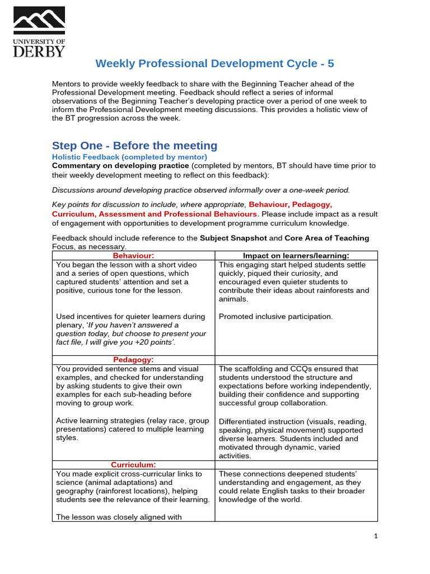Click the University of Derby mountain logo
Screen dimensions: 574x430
[x=39, y=21]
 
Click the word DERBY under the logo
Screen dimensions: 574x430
[x=39, y=51]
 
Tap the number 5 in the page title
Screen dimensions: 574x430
[x=330, y=63]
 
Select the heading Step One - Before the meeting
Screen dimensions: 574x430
[x=134, y=146]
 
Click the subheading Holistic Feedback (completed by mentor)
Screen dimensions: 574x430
[x=129, y=157]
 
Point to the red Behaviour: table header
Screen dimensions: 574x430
[x=133, y=256]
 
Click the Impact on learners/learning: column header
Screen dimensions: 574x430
[x=296, y=256]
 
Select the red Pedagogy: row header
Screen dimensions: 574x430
[x=133, y=360]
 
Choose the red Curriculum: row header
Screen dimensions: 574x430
[x=133, y=465]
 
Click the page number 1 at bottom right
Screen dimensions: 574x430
[x=376, y=536]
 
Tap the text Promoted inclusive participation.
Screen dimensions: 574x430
[x=275, y=317]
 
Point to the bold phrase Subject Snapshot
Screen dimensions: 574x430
[x=233, y=238]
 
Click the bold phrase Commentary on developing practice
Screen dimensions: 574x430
[x=120, y=166]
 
